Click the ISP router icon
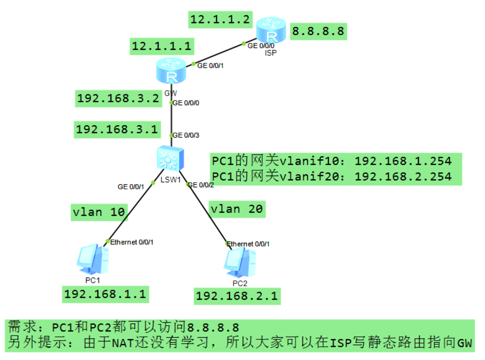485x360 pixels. tap(271, 30)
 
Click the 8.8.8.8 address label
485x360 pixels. tap(318, 31)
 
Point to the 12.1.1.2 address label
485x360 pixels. tap(220, 19)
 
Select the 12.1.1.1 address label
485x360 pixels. tap(162, 46)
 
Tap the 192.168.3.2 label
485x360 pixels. tap(118, 99)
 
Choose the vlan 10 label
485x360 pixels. tap(99, 212)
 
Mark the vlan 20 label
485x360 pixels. tap(236, 209)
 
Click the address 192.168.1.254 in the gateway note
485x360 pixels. tap(403, 160)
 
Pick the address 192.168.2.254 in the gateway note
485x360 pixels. tap(403, 176)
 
